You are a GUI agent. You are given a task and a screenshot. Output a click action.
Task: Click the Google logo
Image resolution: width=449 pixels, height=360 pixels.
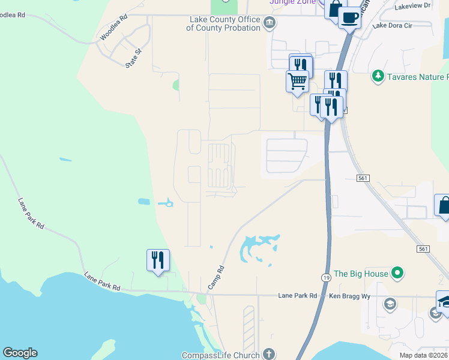coord(20,353)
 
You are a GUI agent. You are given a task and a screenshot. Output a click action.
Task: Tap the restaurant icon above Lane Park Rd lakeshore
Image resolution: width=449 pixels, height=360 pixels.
coord(158,260)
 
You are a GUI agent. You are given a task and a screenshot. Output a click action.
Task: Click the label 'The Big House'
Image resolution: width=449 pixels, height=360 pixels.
coord(361,274)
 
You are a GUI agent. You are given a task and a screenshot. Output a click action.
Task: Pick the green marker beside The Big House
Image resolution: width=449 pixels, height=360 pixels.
coord(396,274)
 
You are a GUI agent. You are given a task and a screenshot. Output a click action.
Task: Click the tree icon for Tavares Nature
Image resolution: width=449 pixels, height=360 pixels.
coord(378,76)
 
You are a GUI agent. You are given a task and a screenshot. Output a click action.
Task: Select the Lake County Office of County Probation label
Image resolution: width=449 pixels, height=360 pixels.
coord(223,23)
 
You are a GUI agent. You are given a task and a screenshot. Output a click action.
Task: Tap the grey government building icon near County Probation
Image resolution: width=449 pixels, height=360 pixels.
coord(270,23)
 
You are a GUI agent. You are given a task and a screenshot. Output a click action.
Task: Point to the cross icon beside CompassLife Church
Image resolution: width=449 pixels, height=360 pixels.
coord(269,355)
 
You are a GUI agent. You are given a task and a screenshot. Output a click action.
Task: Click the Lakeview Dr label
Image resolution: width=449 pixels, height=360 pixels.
coord(414,5)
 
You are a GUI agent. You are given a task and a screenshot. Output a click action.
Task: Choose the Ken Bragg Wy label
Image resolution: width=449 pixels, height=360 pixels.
coord(349,296)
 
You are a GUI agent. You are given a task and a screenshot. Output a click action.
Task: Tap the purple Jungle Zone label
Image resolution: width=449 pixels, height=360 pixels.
coord(291,2)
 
